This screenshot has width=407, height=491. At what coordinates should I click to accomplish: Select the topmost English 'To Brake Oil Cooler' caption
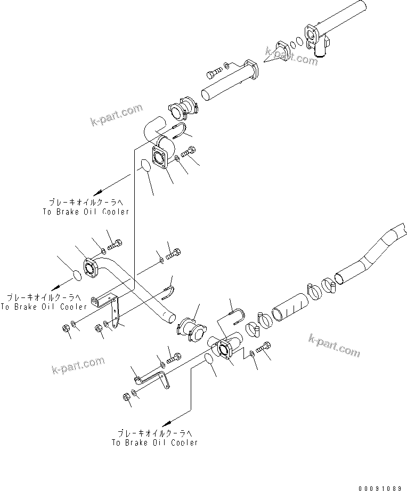[86, 212]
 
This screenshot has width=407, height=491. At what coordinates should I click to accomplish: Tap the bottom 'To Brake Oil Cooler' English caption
[154, 442]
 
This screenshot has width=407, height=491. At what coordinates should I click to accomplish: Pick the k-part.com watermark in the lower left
[78, 366]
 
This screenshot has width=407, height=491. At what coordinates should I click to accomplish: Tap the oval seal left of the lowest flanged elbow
[209, 360]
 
